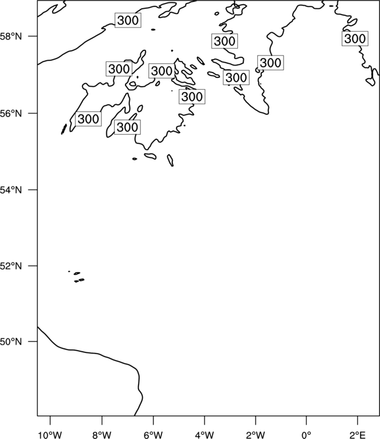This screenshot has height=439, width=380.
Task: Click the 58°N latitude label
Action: [11, 36]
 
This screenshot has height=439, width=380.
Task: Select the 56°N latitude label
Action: [11, 114]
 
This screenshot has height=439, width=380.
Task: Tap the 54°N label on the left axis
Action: [11, 190]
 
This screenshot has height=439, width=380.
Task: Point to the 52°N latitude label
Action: [11, 266]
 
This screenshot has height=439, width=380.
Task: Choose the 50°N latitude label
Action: [11, 342]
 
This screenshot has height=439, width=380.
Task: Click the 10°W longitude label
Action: [50, 435]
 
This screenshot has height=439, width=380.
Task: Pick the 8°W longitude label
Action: [102, 435]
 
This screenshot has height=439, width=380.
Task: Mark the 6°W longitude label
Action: [153, 435]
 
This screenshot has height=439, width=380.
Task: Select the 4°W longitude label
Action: [205, 435]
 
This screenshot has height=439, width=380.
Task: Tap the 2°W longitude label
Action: [255, 435]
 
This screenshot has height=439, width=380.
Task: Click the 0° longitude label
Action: [306, 435]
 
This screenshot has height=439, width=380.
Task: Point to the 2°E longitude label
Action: [358, 435]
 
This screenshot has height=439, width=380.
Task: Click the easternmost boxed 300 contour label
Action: [355, 39]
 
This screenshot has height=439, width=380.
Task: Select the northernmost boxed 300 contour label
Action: [128, 20]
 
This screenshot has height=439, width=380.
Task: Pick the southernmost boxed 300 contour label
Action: [127, 127]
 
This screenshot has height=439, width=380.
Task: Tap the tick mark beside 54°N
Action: [33, 190]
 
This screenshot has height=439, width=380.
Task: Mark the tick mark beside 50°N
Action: [33, 342]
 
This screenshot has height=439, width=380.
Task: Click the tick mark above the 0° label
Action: [306, 420]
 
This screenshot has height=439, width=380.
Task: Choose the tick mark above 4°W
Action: [205, 420]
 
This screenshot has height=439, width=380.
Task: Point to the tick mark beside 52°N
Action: [33, 266]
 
